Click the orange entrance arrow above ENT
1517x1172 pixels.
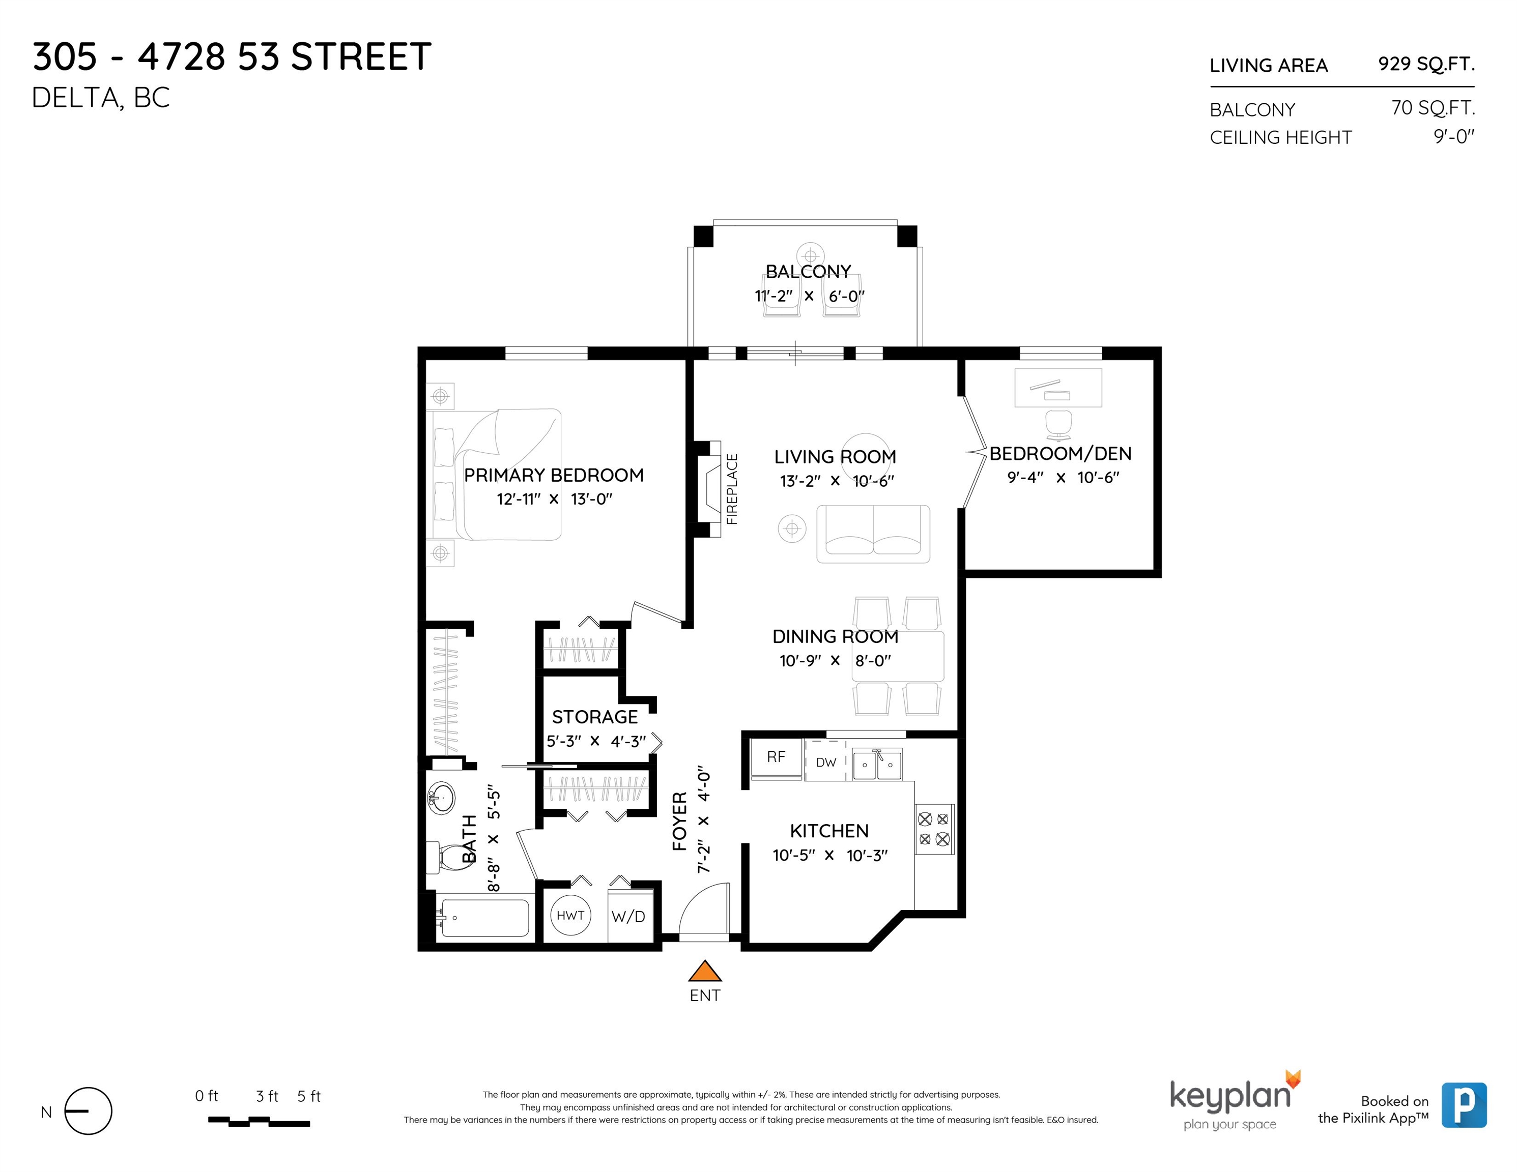pos(705,970)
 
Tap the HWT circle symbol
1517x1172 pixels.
pos(570,915)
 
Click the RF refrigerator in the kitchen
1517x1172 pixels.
pos(777,758)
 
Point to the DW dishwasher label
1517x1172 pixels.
pos(826,763)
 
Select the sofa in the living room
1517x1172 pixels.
pos(873,534)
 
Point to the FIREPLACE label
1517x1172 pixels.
pos(732,489)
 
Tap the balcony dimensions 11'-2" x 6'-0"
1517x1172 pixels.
pos(809,296)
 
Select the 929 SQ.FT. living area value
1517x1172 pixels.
pos(1426,64)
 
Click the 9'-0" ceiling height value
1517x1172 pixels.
pos(1454,136)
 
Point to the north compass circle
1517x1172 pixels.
pos(88,1111)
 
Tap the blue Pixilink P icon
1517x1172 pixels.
pos(1464,1105)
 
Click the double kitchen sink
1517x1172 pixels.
pos(877,765)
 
